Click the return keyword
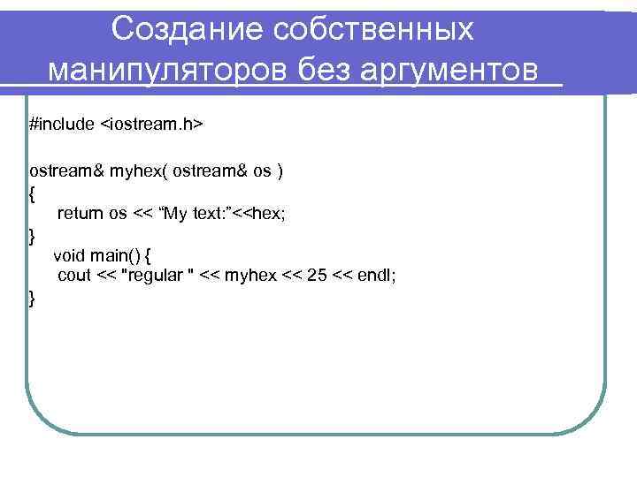coord(81,213)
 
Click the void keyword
coord(70,256)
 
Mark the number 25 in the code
coord(316,276)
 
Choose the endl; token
coord(377,276)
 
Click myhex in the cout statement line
coord(250,277)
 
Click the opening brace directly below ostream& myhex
coord(33,193)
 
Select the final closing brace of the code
coord(33,299)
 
